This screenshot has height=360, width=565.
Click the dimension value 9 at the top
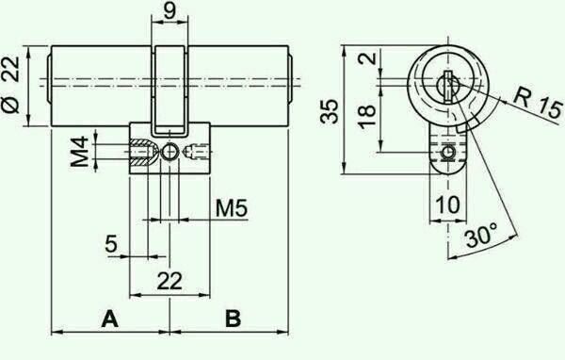169,10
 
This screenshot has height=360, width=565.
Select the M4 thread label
80,151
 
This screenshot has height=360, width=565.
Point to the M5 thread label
232,208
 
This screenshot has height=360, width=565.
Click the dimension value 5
111,243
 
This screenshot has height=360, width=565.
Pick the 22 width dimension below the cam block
169,282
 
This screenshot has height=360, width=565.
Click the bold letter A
109,319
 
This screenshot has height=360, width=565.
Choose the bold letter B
234,319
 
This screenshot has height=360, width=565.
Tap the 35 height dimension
330,111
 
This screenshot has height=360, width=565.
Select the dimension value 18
367,116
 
